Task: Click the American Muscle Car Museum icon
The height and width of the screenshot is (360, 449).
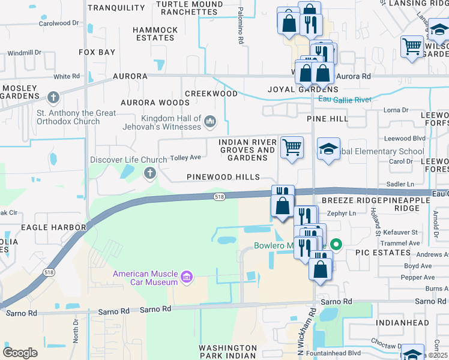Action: [x=187, y=277]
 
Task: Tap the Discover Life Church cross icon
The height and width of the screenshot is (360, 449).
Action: [x=149, y=173]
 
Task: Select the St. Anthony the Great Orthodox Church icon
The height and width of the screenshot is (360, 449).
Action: [x=53, y=97]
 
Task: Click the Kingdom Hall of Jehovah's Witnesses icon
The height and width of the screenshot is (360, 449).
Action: [x=210, y=122]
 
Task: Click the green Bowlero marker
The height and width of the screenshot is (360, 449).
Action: [x=336, y=245]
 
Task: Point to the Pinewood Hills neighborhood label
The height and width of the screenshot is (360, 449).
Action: [x=223, y=177]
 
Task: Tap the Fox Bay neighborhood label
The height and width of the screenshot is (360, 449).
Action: [x=97, y=52]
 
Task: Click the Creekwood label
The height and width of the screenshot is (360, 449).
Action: [x=211, y=94]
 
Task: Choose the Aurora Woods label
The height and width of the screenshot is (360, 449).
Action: [x=155, y=103]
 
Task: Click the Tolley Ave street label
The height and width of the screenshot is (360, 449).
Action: [x=186, y=158]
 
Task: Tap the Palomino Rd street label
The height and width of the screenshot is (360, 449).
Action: [x=240, y=30]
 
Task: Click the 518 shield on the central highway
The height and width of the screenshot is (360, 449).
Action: [x=219, y=197]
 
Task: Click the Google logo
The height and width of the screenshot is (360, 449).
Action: [x=20, y=352]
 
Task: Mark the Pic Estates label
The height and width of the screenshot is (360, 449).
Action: [x=382, y=253]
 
